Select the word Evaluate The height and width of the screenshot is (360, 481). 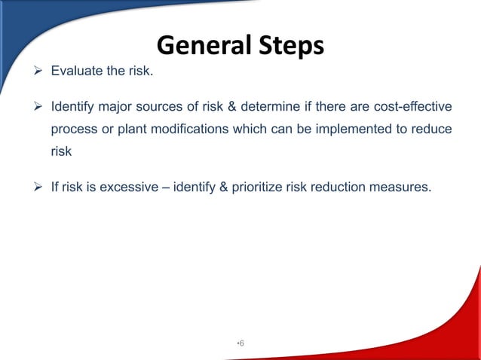[78, 73]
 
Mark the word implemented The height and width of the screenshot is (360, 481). [344, 129]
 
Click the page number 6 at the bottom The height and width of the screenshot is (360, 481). [241, 343]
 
